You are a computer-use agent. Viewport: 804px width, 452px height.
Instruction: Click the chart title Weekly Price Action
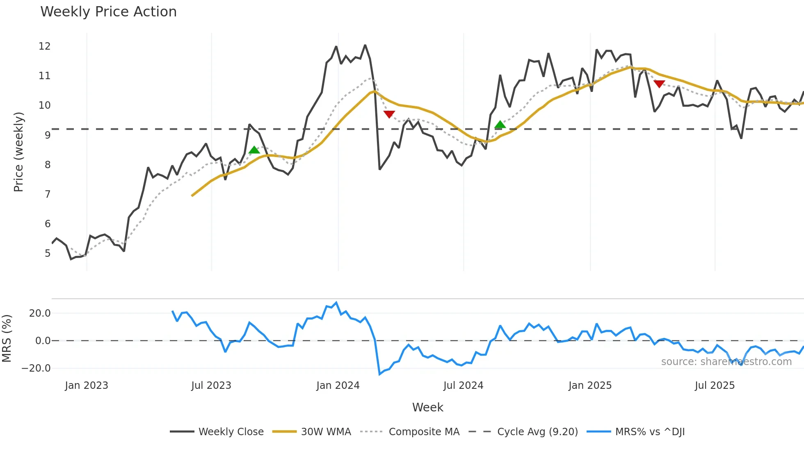108,12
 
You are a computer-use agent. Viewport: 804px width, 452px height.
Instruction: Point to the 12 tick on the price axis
45,46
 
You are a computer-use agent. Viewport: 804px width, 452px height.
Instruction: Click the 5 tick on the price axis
48,253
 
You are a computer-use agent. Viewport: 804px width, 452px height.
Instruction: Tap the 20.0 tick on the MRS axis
40,313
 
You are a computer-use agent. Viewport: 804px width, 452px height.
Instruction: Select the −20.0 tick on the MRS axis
36,368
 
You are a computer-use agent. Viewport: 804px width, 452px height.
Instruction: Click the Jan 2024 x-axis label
338,386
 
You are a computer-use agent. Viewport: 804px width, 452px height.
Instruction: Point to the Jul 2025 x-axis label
715,386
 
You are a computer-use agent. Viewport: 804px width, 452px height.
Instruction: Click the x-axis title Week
427,407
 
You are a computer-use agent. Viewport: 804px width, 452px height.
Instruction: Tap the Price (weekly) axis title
18,152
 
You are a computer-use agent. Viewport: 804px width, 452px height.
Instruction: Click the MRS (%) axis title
7,338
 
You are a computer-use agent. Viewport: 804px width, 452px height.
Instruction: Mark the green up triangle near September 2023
254,150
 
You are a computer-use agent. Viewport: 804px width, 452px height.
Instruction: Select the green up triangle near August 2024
500,124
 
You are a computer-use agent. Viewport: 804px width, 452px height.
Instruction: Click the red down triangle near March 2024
389,114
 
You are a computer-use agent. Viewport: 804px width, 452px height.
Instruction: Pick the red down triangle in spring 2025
659,84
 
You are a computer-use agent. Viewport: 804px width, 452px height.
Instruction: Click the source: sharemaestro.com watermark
726,362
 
